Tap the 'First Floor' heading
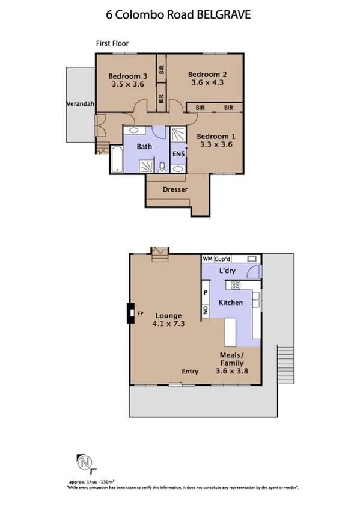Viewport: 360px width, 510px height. point(112,43)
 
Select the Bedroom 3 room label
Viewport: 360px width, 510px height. point(127,76)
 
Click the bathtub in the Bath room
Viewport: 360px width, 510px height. point(115,161)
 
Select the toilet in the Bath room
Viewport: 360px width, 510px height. point(162,165)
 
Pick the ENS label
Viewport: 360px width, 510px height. point(178,153)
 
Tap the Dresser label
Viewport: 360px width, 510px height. point(175,189)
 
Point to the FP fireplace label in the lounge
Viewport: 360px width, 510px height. point(141,313)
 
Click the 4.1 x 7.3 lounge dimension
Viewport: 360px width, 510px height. point(168,323)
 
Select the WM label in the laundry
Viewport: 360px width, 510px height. point(207,258)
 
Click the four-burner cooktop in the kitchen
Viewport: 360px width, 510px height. point(237,285)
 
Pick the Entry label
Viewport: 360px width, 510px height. point(190,371)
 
